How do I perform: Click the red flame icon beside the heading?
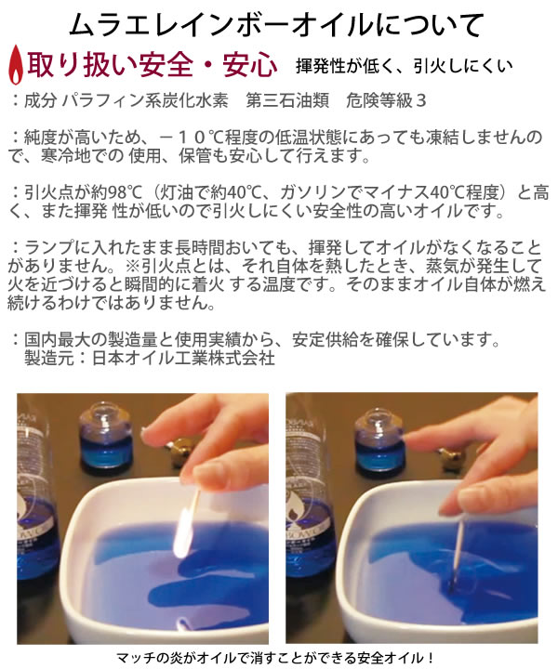coord(16,65)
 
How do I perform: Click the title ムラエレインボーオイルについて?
coord(276,25)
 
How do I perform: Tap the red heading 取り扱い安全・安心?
coord(152,65)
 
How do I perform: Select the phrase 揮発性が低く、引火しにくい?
coord(404,66)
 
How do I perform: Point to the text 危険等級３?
coord(386,100)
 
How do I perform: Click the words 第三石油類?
coord(287,100)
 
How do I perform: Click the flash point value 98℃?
coord(125,193)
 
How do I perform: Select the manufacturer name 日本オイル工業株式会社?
coord(183,358)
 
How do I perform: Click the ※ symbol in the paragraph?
coord(133,266)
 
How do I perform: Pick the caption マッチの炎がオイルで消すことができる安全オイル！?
coord(275,658)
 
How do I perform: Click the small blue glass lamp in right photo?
coord(380,441)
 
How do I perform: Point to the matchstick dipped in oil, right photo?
coord(458,551)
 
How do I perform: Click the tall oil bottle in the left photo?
coord(36,491)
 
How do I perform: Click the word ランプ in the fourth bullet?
coord(49,247)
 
